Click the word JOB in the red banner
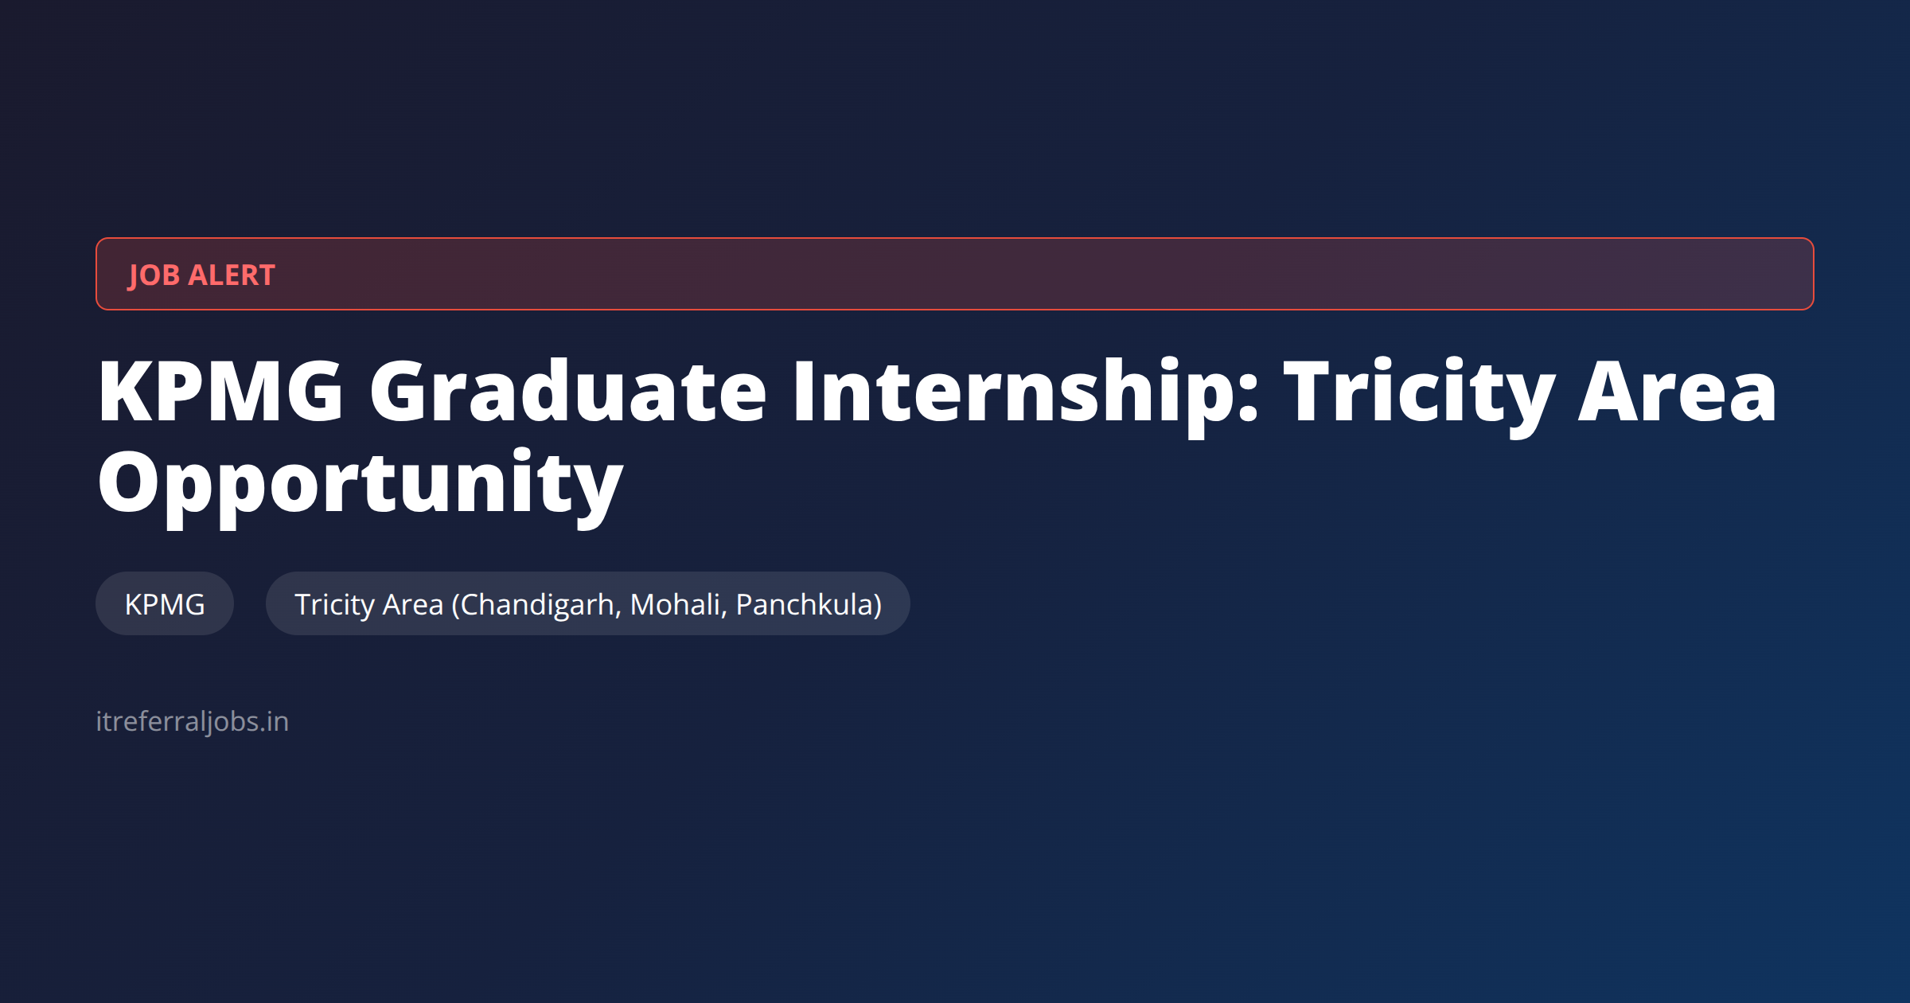tap(154, 275)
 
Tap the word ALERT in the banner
tap(232, 275)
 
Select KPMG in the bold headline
tap(220, 391)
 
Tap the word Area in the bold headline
tap(1678, 392)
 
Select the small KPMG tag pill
tap(165, 603)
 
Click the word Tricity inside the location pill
tap(334, 606)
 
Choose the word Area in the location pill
tap(413, 605)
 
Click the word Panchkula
tap(804, 605)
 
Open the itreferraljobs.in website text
tap(192, 722)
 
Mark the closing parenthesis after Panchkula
tap(877, 606)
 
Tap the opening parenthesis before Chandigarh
tap(456, 606)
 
